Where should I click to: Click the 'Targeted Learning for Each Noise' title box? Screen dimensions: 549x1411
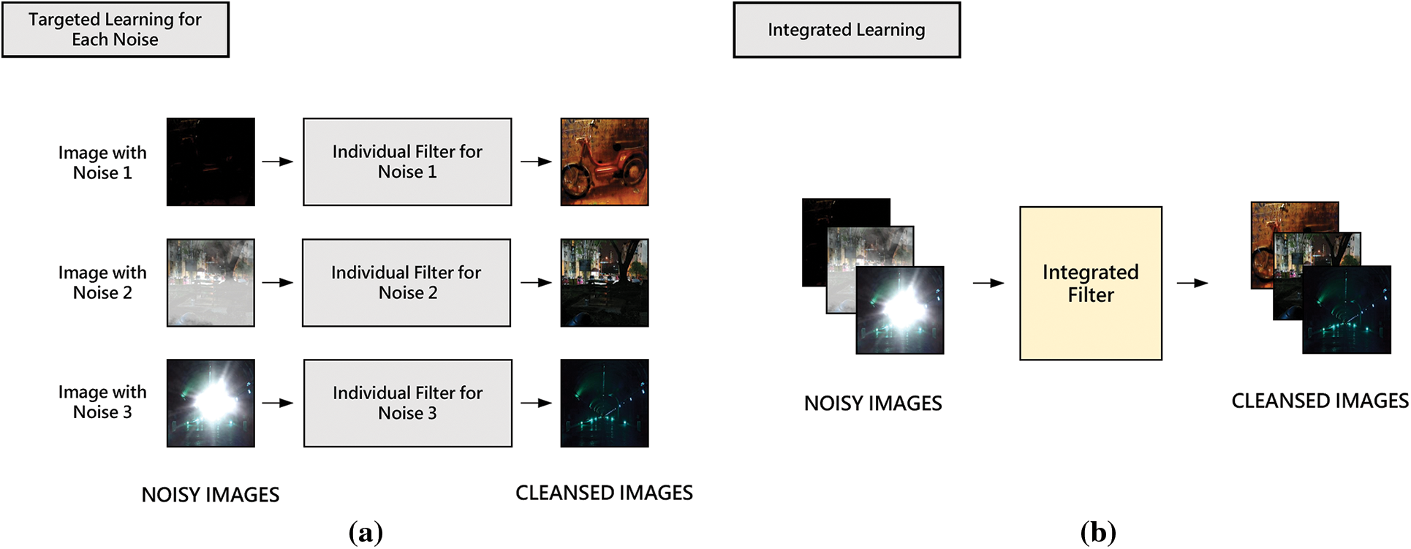pos(116,30)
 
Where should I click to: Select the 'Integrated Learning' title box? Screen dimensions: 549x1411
pos(847,30)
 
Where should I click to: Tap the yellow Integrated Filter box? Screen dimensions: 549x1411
pos(1090,283)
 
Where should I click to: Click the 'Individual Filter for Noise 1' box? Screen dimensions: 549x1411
pos(407,162)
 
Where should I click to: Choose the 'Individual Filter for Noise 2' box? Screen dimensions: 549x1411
pos(406,282)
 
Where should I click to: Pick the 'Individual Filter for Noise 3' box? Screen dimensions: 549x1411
pos(407,403)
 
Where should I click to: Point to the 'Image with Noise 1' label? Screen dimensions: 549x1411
pos(102,162)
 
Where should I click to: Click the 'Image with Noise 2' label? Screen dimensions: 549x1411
pos(102,282)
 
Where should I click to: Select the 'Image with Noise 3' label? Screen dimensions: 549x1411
pos(102,402)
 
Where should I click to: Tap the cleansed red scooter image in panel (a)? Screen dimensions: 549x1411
pos(605,162)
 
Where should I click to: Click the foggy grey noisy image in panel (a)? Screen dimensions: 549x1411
pos(211,282)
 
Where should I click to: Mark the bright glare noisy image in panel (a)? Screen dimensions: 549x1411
pos(211,403)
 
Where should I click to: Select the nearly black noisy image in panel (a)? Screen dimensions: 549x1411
pos(211,162)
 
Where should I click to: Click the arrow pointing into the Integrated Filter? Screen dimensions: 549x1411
pos(988,283)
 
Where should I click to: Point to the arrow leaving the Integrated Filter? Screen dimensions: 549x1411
pos(1192,283)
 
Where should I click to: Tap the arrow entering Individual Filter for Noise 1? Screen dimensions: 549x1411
pos(278,162)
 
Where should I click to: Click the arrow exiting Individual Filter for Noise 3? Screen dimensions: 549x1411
pos(536,403)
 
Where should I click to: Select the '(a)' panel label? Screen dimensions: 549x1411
pos(366,532)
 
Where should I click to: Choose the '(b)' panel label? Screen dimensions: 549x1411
pos(1098,532)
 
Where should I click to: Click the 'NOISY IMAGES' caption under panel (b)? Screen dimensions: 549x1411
pos(873,404)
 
